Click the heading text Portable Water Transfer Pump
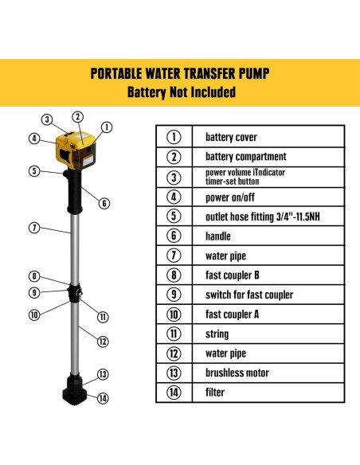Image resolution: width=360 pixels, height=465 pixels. click(180, 74)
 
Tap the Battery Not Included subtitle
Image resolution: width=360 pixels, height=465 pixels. click(180, 92)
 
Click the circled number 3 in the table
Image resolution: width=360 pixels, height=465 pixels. click(173, 177)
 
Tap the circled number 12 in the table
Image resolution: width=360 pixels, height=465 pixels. click(173, 354)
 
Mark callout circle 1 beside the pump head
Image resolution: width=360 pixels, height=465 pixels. click(108, 126)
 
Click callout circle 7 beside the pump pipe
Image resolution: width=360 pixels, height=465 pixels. click(34, 228)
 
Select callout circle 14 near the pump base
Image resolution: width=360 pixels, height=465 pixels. click(103, 399)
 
